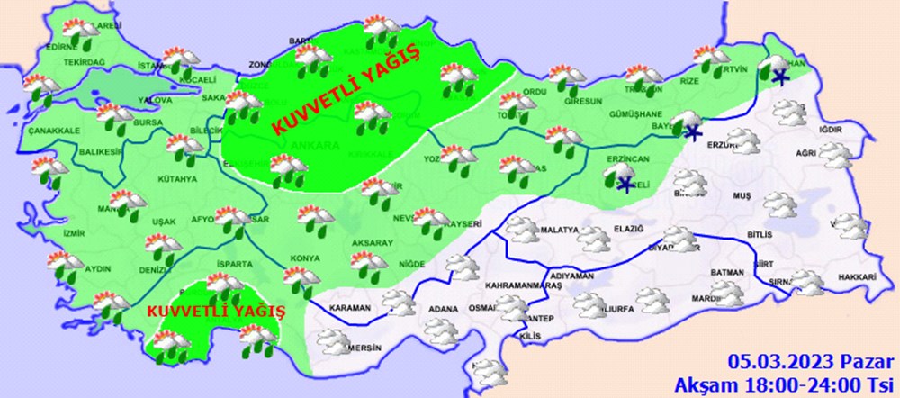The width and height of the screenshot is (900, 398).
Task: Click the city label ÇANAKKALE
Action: (x=54, y=130)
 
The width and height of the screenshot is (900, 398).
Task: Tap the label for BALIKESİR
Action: (x=98, y=152)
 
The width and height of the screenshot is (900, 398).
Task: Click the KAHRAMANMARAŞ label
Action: (x=523, y=285)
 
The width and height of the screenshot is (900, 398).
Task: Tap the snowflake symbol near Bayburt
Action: (x=691, y=133)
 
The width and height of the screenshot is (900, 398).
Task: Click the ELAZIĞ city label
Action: (x=628, y=230)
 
